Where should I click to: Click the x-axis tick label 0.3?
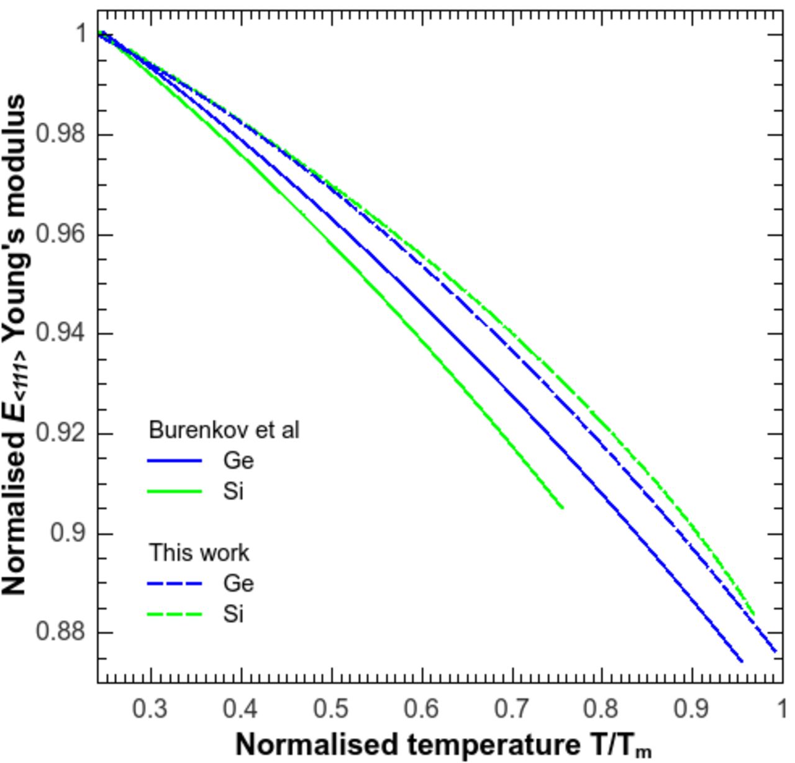(x=150, y=708)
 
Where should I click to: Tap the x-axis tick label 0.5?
(x=331, y=708)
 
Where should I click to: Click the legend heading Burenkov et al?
(x=224, y=430)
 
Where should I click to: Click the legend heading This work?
(x=199, y=552)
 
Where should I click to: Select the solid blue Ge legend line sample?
(x=175, y=460)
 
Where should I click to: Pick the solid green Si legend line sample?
(x=175, y=491)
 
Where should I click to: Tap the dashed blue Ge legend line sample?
(x=175, y=583)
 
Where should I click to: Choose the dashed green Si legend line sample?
(x=175, y=615)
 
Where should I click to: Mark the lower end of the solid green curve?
(x=562, y=508)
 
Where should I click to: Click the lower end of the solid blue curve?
(x=742, y=661)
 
